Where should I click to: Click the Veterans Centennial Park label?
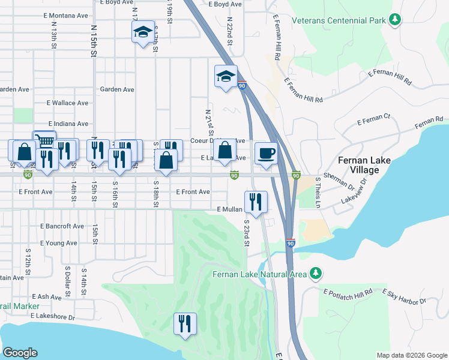338,20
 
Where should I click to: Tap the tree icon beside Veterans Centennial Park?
395,20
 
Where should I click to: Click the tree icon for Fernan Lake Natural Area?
316,274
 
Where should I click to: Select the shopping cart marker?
44,140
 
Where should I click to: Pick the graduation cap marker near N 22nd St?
226,76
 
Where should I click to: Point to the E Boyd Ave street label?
224,4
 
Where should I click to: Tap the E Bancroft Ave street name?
62,226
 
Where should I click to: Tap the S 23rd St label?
246,233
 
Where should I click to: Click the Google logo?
20,353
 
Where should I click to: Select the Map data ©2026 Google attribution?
411,355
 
